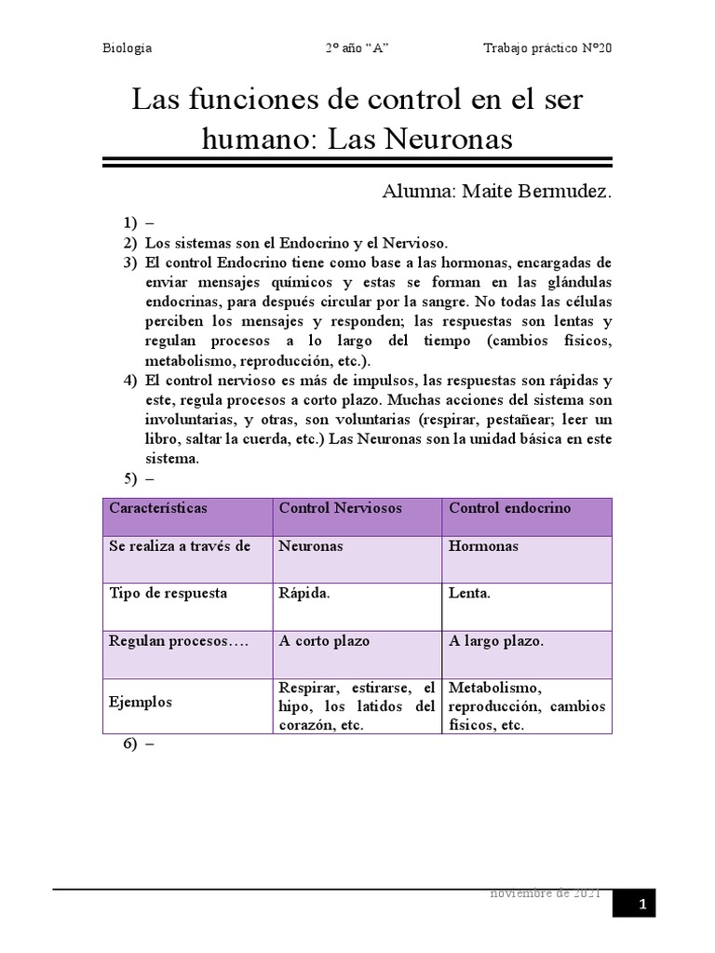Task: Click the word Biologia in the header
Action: click(127, 48)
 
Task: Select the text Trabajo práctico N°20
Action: click(548, 48)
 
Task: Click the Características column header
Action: click(158, 509)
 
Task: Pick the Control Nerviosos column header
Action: click(341, 509)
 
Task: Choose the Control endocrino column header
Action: click(510, 509)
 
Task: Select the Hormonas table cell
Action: click(484, 546)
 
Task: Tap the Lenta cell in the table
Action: click(469, 593)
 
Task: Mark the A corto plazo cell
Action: click(324, 641)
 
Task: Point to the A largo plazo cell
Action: click(496, 641)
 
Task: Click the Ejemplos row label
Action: click(141, 703)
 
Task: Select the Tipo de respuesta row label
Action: click(169, 593)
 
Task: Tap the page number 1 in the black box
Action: click(641, 903)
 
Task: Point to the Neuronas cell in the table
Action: click(311, 546)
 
